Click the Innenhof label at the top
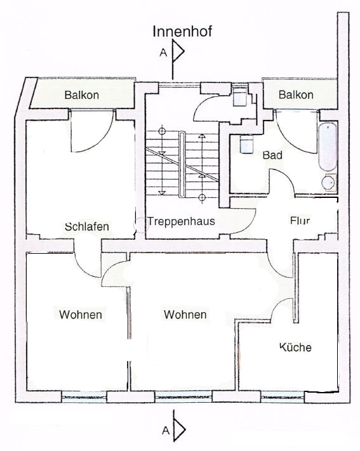182,31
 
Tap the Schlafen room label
87,226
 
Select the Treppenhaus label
182,221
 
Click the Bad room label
272,155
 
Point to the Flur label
300,221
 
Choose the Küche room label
295,347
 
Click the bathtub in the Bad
328,147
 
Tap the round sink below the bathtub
329,182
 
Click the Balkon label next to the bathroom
296,95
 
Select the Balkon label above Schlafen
81,95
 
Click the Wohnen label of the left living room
81,315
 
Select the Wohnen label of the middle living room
185,315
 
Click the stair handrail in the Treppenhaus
182,164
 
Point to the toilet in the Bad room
246,144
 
